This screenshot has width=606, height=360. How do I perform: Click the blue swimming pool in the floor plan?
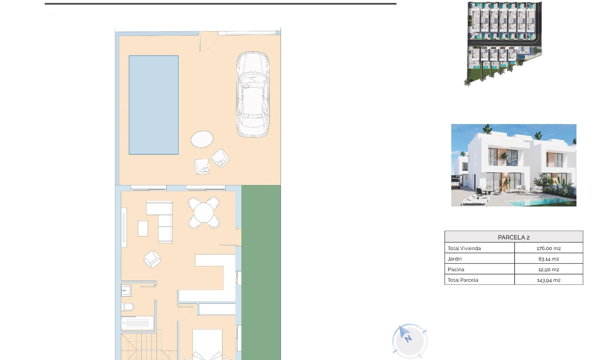(x=153, y=105)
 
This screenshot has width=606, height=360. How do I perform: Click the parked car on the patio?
(x=253, y=94)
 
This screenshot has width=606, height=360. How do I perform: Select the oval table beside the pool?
(x=202, y=139)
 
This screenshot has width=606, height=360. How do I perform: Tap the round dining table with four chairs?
(x=204, y=213)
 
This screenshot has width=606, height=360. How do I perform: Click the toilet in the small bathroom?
(x=128, y=307)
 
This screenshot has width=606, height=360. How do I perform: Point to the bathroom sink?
(x=126, y=290)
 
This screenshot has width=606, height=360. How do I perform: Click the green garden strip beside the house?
(x=261, y=272)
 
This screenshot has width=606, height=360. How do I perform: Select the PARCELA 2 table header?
(x=514, y=237)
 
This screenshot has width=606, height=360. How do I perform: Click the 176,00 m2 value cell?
(x=549, y=248)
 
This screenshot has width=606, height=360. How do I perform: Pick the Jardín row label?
(x=455, y=259)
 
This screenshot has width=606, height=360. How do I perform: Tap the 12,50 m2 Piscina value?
(x=549, y=269)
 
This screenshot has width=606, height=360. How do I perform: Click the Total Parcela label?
(x=463, y=280)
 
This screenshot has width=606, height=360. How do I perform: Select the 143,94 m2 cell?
(x=549, y=280)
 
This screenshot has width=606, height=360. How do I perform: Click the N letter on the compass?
(x=408, y=339)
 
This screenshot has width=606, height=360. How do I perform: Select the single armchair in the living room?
(x=152, y=259)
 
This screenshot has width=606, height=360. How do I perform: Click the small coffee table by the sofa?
(x=143, y=228)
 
